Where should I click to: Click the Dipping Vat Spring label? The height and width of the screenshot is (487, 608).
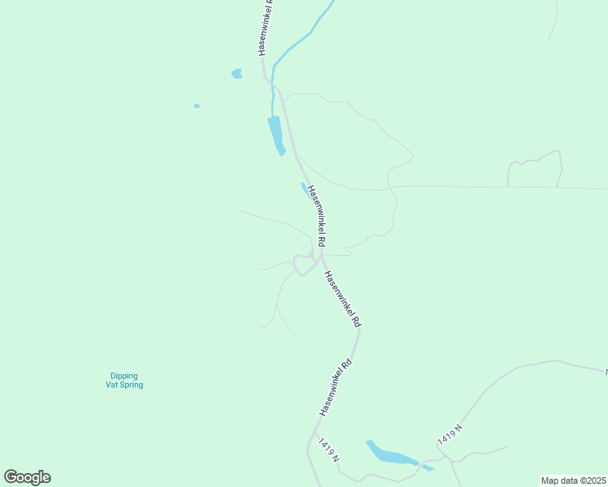[x=124, y=380]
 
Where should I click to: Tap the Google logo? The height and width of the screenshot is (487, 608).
[x=27, y=477]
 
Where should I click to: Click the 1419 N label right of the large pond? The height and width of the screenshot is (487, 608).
[x=449, y=433]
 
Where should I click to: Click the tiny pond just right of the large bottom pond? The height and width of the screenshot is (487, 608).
[x=428, y=468]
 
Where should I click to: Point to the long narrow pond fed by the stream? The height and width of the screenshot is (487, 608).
[x=276, y=134]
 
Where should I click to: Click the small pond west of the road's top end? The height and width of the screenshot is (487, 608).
[x=237, y=74]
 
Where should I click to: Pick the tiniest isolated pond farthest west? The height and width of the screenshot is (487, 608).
[x=197, y=106]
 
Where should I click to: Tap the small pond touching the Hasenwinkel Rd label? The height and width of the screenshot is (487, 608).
[x=304, y=189]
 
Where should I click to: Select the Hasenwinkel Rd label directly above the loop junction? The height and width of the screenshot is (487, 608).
[x=316, y=215]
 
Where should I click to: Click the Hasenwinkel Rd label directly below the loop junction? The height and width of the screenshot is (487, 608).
[x=341, y=299]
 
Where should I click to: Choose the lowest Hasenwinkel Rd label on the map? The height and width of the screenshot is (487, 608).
[x=336, y=387]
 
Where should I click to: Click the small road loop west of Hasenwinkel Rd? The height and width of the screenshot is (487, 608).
[x=303, y=265]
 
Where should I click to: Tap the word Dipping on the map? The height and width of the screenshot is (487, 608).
[x=124, y=376]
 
